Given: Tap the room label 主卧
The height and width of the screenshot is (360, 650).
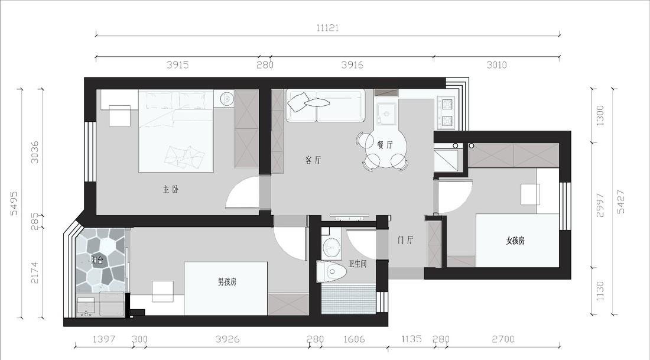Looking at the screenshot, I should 171,190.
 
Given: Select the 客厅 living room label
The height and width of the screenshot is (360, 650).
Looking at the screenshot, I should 314,160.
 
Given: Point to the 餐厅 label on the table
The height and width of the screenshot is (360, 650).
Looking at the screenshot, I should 385,144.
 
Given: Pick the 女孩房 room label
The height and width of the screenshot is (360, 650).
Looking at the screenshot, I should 515,241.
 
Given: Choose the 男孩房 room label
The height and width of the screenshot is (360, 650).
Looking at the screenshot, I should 227,282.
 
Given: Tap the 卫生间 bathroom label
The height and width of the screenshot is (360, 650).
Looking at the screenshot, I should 357,264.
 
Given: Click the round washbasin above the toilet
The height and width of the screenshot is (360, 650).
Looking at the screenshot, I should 331,245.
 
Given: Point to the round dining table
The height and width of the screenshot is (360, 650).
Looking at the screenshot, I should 385,148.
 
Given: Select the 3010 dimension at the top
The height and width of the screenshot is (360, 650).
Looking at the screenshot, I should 496,65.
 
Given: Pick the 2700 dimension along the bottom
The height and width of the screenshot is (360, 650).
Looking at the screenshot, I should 503,339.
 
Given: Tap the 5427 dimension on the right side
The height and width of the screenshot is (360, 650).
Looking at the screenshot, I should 620,201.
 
